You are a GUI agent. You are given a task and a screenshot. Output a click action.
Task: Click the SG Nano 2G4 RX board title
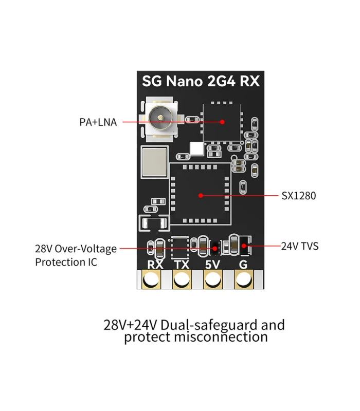(201, 81)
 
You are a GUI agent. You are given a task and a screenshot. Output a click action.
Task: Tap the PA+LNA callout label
(98, 122)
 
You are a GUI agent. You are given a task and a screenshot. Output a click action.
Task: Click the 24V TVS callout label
(300, 246)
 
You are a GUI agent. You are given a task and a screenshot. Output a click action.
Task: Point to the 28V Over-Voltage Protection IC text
(76, 255)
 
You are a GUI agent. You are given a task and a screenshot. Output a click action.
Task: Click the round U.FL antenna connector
(161, 120)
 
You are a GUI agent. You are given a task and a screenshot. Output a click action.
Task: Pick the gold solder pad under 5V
(212, 281)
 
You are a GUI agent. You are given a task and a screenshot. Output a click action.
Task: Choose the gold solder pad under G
(243, 281)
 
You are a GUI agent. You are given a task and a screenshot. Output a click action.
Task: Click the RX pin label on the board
(155, 265)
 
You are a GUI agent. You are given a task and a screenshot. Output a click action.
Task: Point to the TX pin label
(182, 265)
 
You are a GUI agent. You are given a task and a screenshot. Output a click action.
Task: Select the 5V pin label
(212, 265)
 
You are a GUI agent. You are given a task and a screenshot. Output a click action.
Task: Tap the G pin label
(243, 265)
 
